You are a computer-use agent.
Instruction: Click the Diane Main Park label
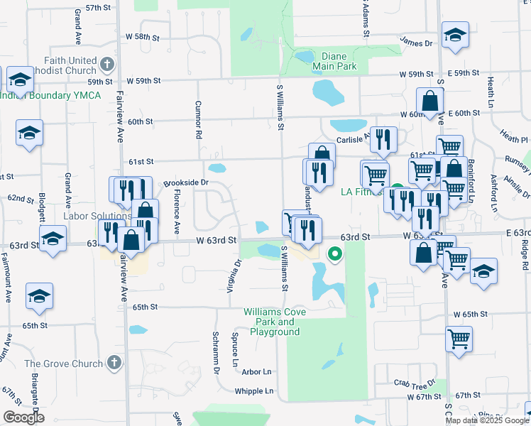pyautogui.click(x=334, y=62)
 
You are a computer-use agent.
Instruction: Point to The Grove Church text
pyautogui.click(x=64, y=364)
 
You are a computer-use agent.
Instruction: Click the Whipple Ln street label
pyautogui.click(x=253, y=391)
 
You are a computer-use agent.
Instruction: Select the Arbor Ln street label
pyautogui.click(x=256, y=372)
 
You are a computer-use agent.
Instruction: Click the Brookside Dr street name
pyautogui.click(x=185, y=182)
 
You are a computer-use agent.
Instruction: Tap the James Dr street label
pyautogui.click(x=416, y=43)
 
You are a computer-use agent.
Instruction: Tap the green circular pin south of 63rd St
pyautogui.click(x=334, y=252)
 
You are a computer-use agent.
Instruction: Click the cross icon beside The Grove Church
pyautogui.click(x=114, y=364)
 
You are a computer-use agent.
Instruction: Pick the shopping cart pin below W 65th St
pyautogui.click(x=459, y=340)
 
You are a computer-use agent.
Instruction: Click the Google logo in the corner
pyautogui.click(x=23, y=417)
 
